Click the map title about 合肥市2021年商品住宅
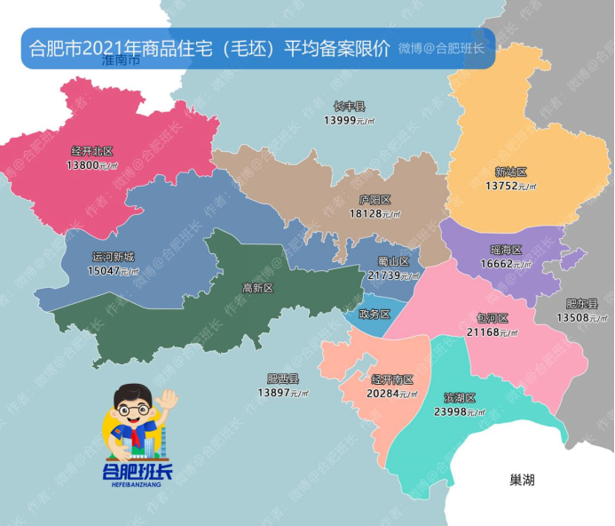[209, 48]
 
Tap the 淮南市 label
[121, 62]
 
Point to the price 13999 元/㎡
[349, 120]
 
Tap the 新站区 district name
[511, 172]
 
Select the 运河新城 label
[114, 257]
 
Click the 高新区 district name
[257, 288]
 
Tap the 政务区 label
[375, 314]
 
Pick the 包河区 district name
[492, 318]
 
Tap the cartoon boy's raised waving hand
[167, 400]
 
